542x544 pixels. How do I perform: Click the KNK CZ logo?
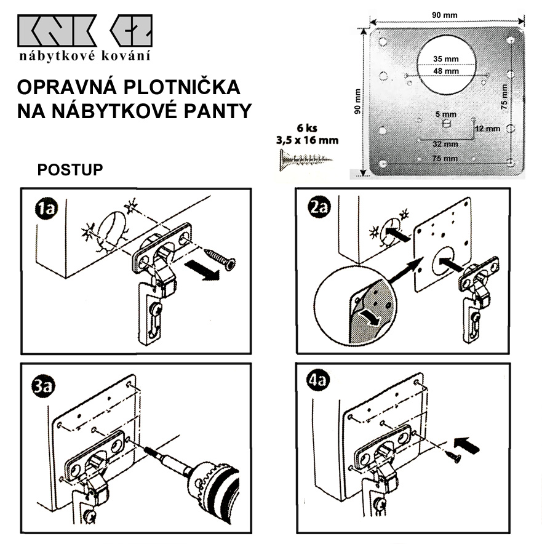coord(85,31)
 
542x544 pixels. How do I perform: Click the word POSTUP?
coord(70,170)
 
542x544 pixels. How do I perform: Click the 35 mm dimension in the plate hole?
coord(446,59)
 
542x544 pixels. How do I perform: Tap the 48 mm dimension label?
coord(446,71)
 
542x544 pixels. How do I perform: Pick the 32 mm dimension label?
coord(445,145)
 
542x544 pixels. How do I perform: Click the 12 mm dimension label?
coord(488,129)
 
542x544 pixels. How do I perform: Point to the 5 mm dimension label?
coord(445,114)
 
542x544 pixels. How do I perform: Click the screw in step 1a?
coord(220,258)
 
